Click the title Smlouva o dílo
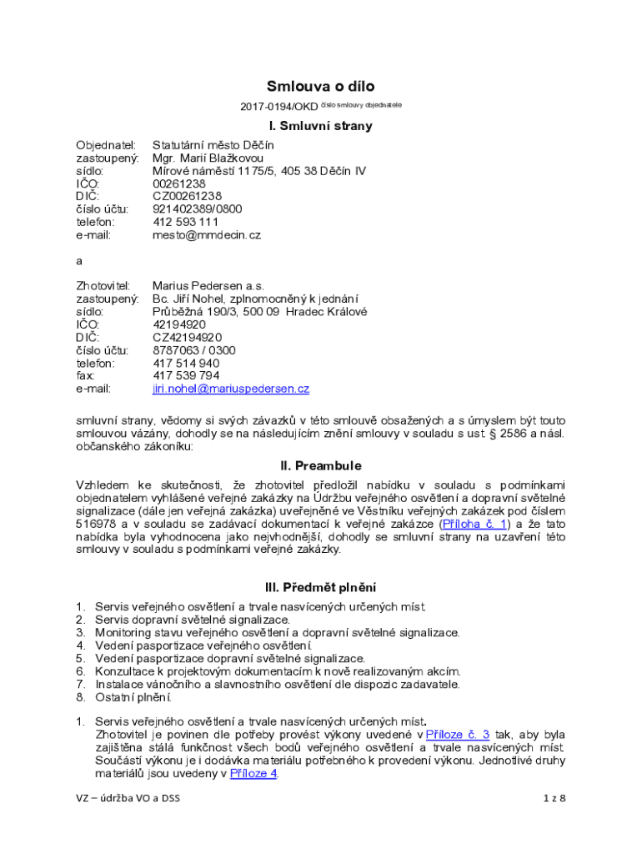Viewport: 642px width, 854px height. (320, 86)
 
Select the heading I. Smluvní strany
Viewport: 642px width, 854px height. (320, 127)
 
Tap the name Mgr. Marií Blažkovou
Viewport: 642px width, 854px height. (208, 158)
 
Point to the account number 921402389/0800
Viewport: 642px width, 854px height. (197, 209)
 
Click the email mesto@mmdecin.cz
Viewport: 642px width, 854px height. (207, 235)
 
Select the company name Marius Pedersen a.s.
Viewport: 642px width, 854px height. (208, 285)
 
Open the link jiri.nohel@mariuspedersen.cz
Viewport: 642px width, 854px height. (230, 389)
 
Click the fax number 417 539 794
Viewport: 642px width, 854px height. (186, 375)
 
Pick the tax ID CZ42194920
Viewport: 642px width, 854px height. (187, 337)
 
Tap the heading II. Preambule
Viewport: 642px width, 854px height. (320, 466)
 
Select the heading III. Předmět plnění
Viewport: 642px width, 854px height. (320, 586)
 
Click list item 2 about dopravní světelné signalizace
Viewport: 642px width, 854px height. (193, 620)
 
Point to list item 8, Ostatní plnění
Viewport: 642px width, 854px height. (133, 697)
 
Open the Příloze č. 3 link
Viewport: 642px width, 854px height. (457, 735)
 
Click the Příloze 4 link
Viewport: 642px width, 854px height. (253, 773)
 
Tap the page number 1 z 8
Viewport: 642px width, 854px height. (554, 798)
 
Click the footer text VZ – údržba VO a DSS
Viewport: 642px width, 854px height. (128, 798)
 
